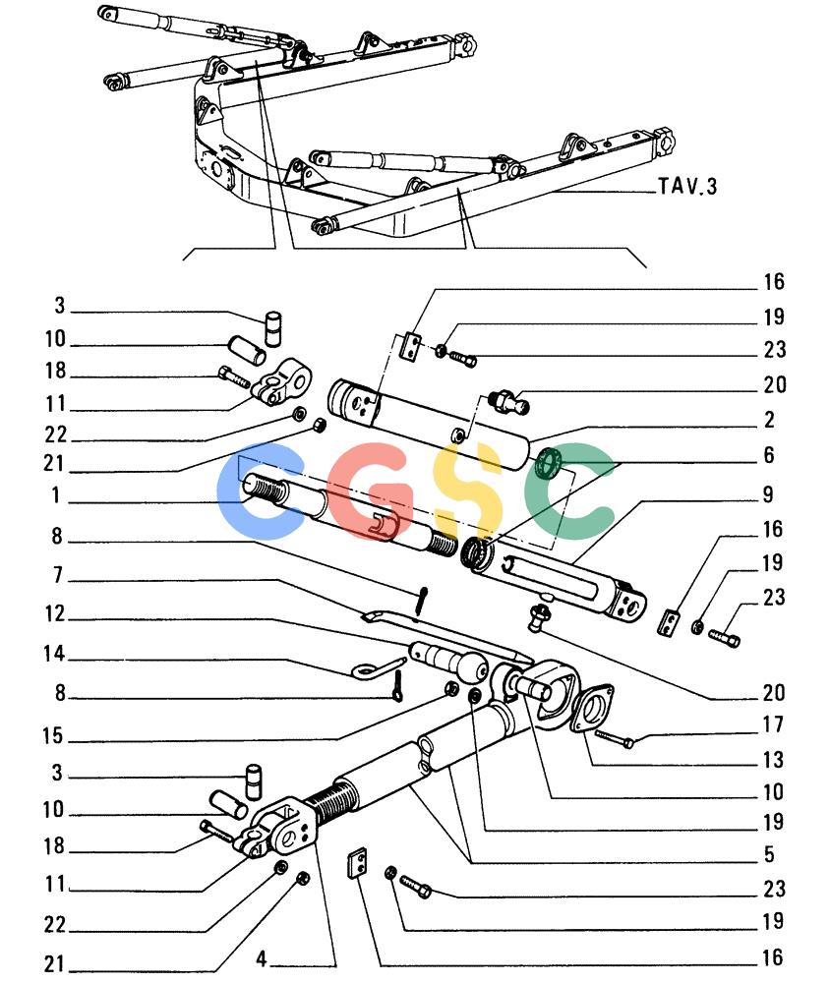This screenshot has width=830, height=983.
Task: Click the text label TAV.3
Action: tap(687, 186)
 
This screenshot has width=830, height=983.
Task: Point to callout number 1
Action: tap(56, 495)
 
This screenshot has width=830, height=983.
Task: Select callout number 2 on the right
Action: tap(770, 420)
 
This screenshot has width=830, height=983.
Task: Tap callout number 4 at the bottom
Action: tap(262, 958)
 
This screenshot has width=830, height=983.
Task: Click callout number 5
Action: tap(770, 854)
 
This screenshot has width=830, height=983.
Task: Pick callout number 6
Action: tap(769, 454)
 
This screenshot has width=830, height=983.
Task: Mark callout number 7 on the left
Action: tap(58, 574)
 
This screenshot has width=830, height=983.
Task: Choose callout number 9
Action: tap(768, 494)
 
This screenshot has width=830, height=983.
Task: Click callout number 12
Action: tap(55, 613)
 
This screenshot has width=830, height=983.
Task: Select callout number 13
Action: tap(774, 759)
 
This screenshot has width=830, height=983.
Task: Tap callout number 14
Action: tap(54, 654)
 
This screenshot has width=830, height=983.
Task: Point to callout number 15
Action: tap(53, 735)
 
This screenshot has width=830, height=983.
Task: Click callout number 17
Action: tap(774, 724)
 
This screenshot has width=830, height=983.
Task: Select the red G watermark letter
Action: tap(367, 491)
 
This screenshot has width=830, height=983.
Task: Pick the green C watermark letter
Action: tap(567, 491)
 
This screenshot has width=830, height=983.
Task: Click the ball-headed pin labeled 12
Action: tap(450, 661)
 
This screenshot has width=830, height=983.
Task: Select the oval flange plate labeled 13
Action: tap(592, 707)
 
